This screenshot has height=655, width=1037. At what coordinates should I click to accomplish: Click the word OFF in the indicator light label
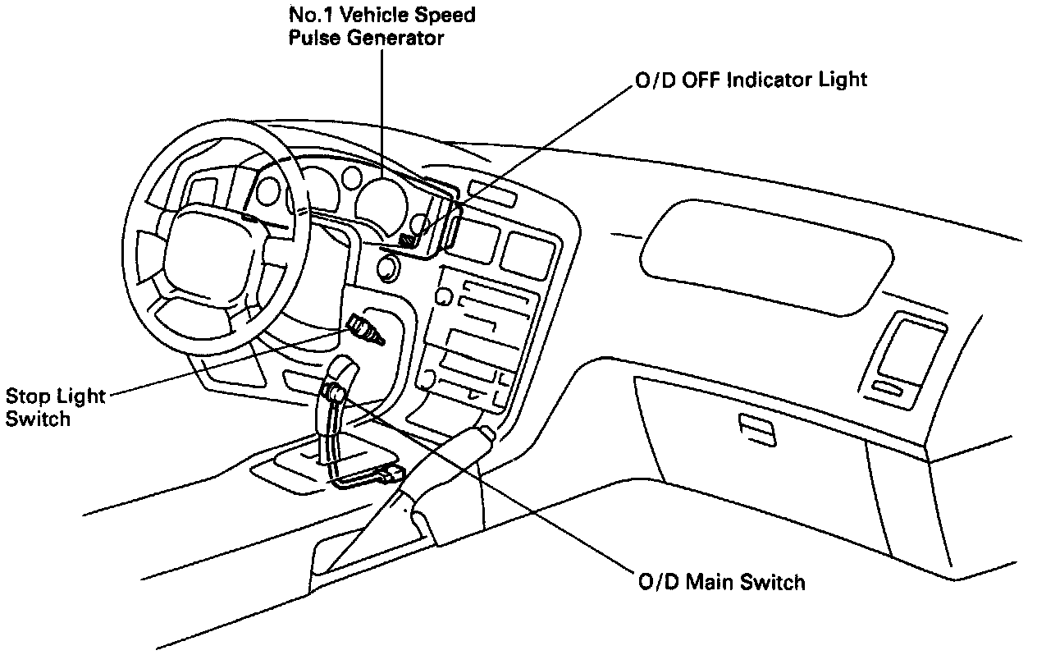pos(700,80)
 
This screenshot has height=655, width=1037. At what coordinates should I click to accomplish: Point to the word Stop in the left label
pos(26,396)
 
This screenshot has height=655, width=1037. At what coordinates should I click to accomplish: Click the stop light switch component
pos(365,328)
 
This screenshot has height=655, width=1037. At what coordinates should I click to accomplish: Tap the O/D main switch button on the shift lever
pos(335,392)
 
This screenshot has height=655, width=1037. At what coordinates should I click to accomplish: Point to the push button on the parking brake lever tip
pos(487,433)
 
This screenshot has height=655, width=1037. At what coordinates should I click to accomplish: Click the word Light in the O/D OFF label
pos(843,80)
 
